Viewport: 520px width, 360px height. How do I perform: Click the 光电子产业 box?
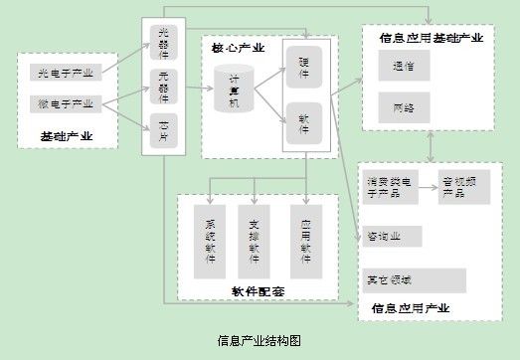[x=66, y=74]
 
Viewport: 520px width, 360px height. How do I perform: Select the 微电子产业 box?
[x=66, y=102]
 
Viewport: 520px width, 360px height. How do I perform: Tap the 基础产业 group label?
[x=67, y=135]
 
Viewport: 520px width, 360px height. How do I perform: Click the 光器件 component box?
[x=164, y=41]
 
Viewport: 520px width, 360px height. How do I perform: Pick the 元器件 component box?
[x=164, y=84]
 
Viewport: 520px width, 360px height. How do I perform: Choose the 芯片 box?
[x=164, y=128]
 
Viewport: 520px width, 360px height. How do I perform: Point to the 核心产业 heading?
[x=239, y=48]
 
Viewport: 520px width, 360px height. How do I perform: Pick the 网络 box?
[x=404, y=106]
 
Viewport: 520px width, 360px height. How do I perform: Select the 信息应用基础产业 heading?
[x=432, y=39]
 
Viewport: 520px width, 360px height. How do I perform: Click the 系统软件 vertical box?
[x=211, y=240]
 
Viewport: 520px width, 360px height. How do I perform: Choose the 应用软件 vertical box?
[x=307, y=240]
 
